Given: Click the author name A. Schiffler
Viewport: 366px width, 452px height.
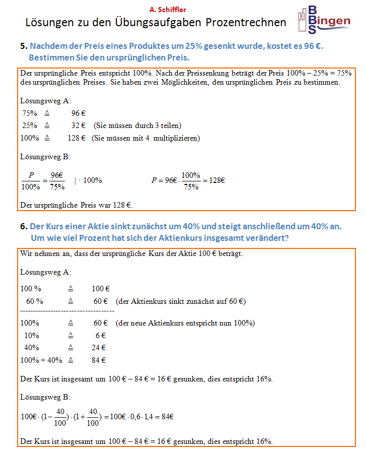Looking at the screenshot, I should coord(168,9).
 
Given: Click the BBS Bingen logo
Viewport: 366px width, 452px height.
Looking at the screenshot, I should coord(324,20).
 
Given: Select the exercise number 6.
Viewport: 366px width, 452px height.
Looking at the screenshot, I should coord(23,227).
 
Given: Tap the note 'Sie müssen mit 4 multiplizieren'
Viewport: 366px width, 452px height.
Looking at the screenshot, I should coord(145,138).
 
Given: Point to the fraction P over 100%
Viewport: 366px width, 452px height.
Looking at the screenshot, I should coord(31,180).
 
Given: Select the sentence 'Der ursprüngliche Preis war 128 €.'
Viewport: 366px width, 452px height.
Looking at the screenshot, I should coord(76,205).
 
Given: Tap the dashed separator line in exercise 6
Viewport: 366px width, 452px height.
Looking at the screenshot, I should coord(67,312).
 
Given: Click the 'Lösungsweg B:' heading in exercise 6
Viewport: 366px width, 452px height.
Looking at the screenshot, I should coord(45,397).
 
